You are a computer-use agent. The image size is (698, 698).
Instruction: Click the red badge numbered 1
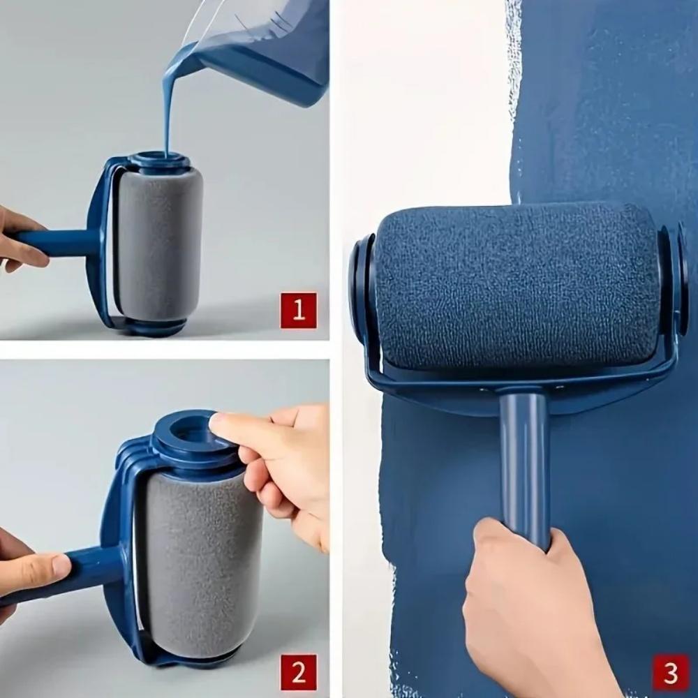coord(298,310)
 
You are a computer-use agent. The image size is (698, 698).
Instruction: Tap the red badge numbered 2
coord(298,673)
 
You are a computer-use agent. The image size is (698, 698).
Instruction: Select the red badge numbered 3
coord(670,672)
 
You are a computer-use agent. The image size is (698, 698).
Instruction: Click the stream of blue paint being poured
coord(168,105)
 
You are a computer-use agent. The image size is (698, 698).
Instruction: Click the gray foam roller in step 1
coord(159,244)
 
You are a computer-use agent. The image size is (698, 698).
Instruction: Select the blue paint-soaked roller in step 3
coord(517,286)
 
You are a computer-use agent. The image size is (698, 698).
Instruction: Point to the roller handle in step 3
coord(524,461)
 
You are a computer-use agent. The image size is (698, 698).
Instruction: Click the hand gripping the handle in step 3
coord(530,614)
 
